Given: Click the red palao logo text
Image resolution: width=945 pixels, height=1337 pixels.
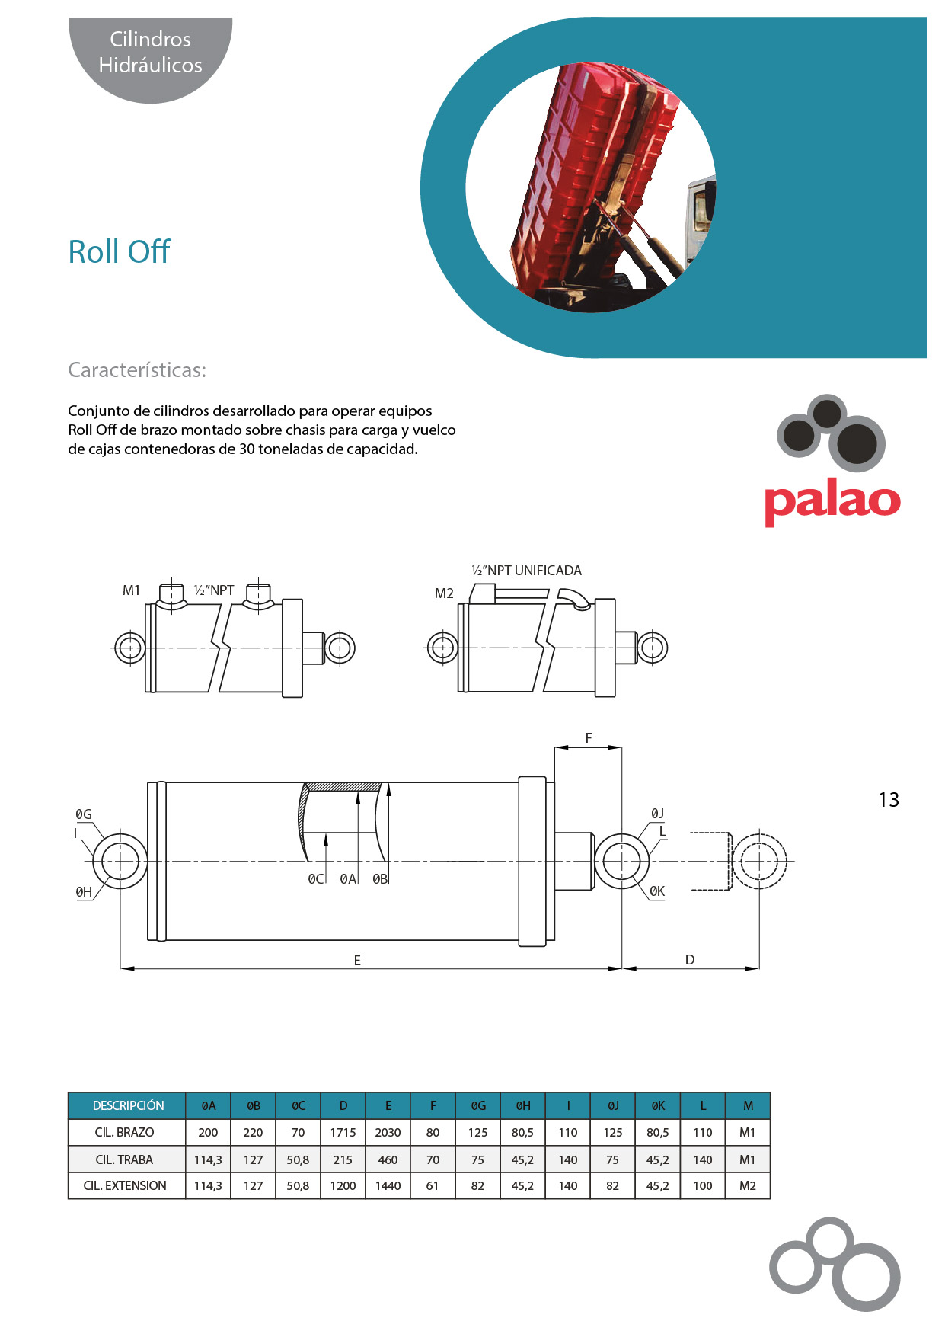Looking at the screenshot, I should coord(832,501).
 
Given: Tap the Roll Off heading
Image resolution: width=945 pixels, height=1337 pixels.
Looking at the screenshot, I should coord(119,252).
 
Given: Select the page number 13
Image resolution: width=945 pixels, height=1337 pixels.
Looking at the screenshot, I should coord(888,800).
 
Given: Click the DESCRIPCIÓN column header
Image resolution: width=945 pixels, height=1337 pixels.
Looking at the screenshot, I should coord(128,1105).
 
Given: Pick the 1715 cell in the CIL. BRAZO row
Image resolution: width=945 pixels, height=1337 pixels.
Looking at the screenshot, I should coord(343,1133).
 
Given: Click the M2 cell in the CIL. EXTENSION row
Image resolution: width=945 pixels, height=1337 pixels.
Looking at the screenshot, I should coord(747,1186).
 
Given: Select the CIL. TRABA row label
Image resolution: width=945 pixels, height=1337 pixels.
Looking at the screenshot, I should coord(124,1159).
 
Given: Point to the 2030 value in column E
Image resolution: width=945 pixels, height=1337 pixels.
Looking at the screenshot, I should coord(388,1133).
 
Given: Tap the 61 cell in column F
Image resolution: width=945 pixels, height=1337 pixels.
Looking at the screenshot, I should coord(433,1186).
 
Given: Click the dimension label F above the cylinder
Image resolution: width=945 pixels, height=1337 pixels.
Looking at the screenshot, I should coord(588,737).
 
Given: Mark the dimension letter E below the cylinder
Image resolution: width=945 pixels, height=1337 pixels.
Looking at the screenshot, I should coord(357,961).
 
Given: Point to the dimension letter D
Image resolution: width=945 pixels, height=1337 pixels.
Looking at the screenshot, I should coord(690,960).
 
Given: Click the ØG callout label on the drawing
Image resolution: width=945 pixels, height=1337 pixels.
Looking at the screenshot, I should coord(84,814).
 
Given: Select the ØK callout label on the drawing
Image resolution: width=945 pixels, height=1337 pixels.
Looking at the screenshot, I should coord(657,891).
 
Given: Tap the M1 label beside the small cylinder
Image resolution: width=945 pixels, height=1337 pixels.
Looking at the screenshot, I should coord(131,590).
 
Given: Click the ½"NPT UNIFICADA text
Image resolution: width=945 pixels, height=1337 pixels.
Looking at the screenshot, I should coord(526,571).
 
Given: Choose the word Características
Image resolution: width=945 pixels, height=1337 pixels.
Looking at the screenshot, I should coord(137,370).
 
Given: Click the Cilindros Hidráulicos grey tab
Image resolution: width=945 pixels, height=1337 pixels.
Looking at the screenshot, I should coord(151,53).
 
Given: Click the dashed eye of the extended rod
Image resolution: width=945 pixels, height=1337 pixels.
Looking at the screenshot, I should coord(758,862).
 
